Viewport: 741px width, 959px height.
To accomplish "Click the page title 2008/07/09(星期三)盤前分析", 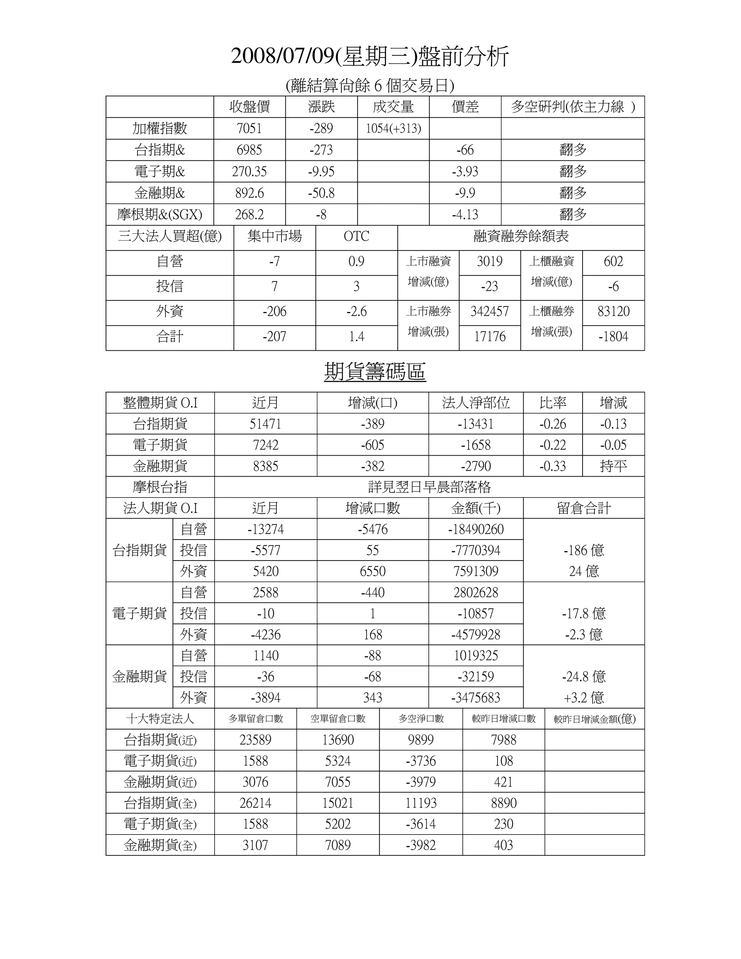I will tap(370, 57).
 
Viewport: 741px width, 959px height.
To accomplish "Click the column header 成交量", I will tap(393, 107).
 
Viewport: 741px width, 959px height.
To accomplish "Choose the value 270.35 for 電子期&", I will tap(249, 171).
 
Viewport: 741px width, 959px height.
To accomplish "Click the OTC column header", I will tap(356, 237).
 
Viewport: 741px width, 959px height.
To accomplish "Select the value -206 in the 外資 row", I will tap(274, 312).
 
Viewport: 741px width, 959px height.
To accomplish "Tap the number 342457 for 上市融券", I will tap(490, 312).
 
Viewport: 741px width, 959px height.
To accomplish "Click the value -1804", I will tap(613, 337).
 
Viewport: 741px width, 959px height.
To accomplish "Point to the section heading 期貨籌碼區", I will tap(375, 372).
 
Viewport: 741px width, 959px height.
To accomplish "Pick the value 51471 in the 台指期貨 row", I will tap(266, 424).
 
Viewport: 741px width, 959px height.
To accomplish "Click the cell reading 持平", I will tap(613, 466).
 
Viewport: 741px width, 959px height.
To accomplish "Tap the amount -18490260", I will tap(476, 529).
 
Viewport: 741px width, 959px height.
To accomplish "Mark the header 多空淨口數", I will tap(420, 719).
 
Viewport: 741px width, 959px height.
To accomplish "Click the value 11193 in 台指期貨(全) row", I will tap(420, 803).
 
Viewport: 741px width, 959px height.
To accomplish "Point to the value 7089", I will tap(338, 845).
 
